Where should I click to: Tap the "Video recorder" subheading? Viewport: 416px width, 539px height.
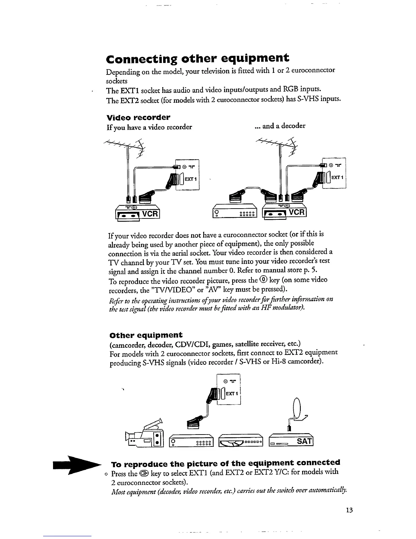(138, 117)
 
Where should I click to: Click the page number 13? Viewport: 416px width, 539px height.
(349, 510)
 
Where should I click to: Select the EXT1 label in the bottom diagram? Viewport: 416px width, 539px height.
(232, 394)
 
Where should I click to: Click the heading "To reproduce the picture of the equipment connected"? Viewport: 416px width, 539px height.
(226, 463)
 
